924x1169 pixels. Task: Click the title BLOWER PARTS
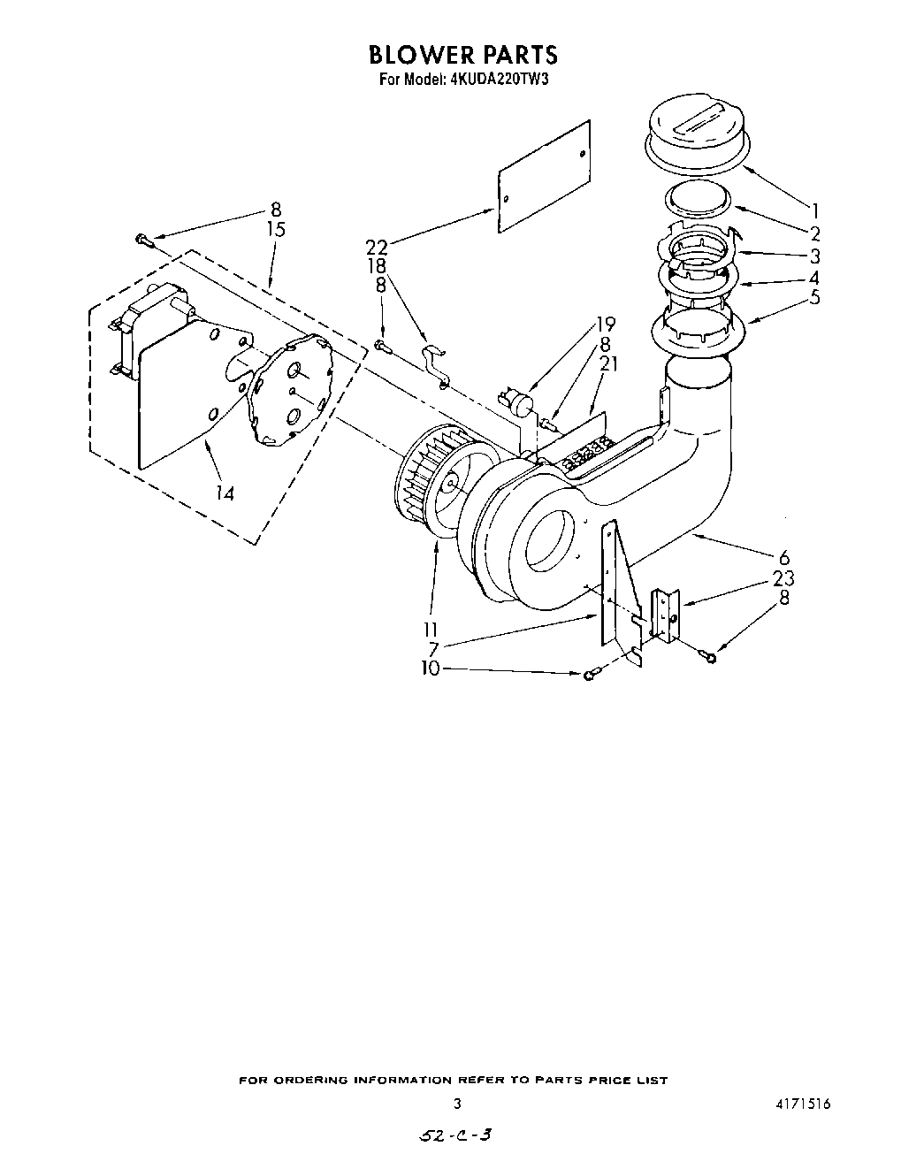click(x=462, y=55)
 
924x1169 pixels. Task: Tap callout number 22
click(x=376, y=248)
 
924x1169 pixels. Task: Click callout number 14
click(x=225, y=493)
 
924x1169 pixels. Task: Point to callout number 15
click(x=276, y=230)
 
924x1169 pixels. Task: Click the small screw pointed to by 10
click(x=590, y=675)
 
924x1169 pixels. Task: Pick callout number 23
click(x=783, y=578)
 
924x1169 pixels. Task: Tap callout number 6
click(x=783, y=558)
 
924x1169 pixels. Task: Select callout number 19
click(x=604, y=324)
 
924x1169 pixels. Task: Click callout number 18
click(x=378, y=266)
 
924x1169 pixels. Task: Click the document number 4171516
click(x=803, y=1104)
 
